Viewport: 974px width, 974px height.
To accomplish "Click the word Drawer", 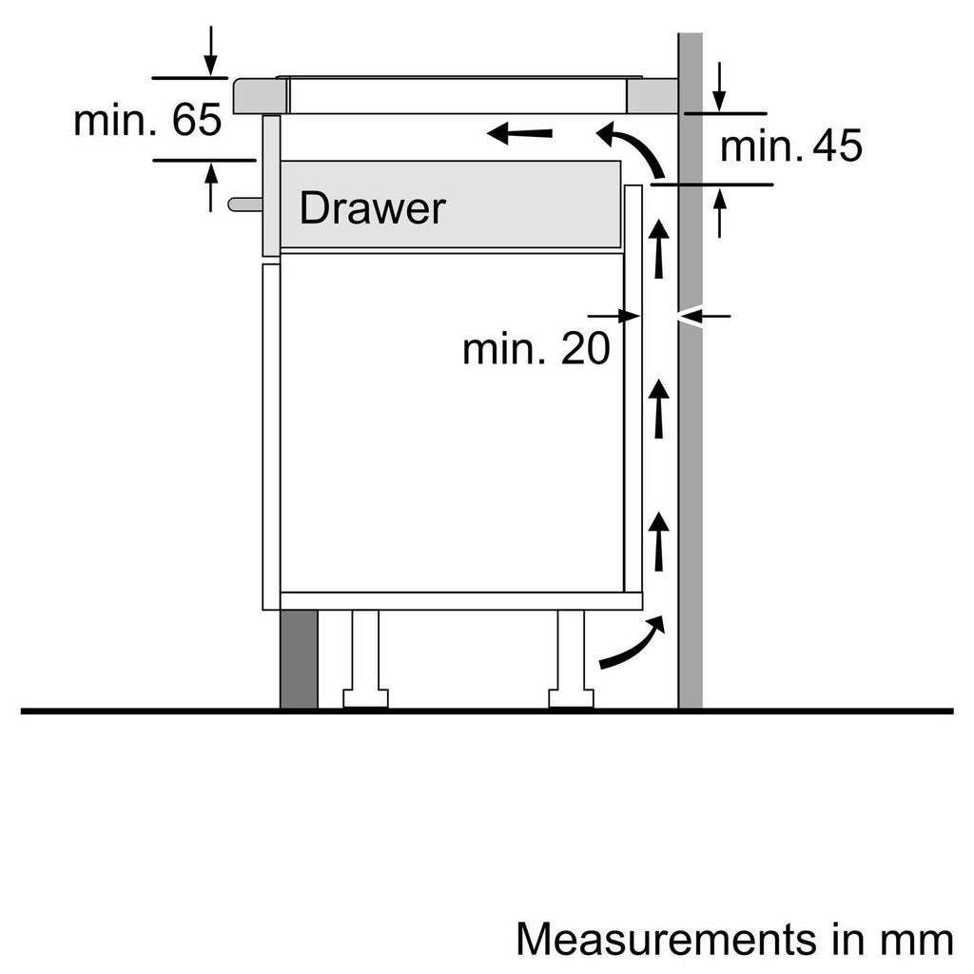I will pyautogui.click(x=371, y=208).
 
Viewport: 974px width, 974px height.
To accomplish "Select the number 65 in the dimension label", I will pyautogui.click(x=198, y=121).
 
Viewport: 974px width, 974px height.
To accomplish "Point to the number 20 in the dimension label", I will pyautogui.click(x=584, y=350).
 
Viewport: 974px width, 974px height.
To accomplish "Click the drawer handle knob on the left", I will pyautogui.click(x=243, y=203).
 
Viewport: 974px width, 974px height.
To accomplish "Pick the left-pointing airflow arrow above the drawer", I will pyautogui.click(x=519, y=134).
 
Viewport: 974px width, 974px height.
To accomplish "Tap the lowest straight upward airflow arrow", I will pyautogui.click(x=658, y=539).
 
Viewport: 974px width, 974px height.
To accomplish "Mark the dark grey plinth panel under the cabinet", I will pyautogui.click(x=299, y=659).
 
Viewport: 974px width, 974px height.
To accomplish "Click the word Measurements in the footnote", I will pyautogui.click(x=665, y=940).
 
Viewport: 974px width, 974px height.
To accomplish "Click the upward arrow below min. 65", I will pyautogui.click(x=210, y=186).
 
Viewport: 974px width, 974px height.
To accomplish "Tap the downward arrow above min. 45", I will pyautogui.click(x=719, y=88).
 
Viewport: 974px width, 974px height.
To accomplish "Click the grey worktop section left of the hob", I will pyautogui.click(x=260, y=96).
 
